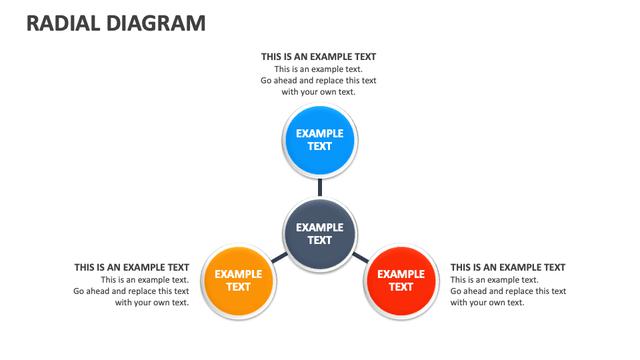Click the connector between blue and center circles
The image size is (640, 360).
[x=320, y=187]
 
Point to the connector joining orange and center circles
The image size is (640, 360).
[x=279, y=257]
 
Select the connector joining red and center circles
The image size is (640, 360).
[x=360, y=257]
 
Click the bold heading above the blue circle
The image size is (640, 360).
[x=319, y=57]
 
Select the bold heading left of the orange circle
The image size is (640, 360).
[x=132, y=267]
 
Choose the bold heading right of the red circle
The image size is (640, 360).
[x=508, y=267]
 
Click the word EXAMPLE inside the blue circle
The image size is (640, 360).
[x=320, y=133]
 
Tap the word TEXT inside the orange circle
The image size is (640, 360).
[x=238, y=287]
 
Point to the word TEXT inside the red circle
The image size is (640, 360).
[x=401, y=287]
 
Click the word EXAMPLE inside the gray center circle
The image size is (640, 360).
[x=320, y=227]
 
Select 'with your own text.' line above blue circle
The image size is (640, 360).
[x=319, y=92]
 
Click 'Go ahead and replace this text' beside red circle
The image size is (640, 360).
[x=508, y=291]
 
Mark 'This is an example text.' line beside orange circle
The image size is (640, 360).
[x=145, y=280]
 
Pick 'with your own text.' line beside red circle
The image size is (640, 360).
[x=487, y=303]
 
